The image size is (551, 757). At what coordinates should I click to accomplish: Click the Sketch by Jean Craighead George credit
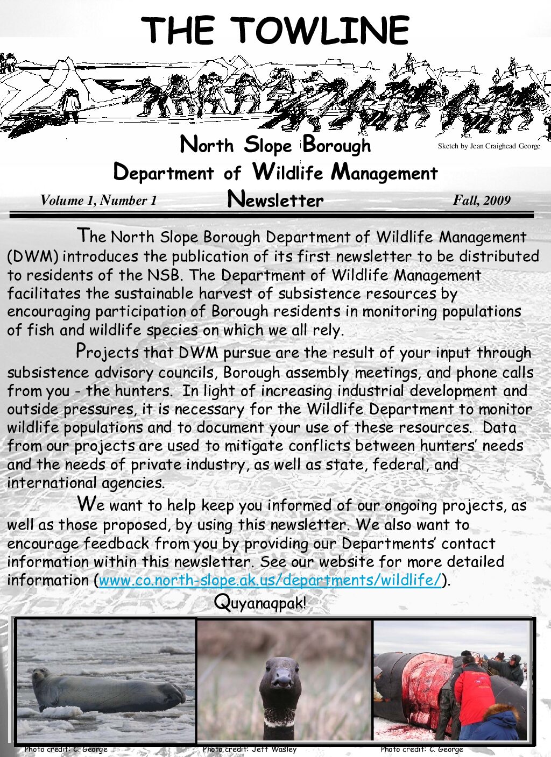click(x=489, y=146)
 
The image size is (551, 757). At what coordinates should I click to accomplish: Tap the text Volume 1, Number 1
click(x=98, y=201)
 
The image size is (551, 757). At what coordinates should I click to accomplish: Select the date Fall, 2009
click(x=481, y=201)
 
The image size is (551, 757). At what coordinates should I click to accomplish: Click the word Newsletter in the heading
click(x=275, y=199)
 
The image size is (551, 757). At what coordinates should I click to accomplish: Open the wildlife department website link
click(x=270, y=580)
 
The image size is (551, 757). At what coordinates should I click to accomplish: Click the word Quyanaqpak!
click(x=260, y=602)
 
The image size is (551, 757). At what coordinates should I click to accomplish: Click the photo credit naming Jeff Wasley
click(x=250, y=749)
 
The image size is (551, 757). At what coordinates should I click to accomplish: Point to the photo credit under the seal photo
click(x=66, y=749)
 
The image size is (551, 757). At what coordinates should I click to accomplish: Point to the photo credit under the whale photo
click(x=421, y=749)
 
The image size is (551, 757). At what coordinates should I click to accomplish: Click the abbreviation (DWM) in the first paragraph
click(x=32, y=256)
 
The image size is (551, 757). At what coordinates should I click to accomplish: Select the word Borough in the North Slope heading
click(x=337, y=145)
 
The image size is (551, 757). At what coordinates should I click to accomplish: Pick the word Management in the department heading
click(x=384, y=173)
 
